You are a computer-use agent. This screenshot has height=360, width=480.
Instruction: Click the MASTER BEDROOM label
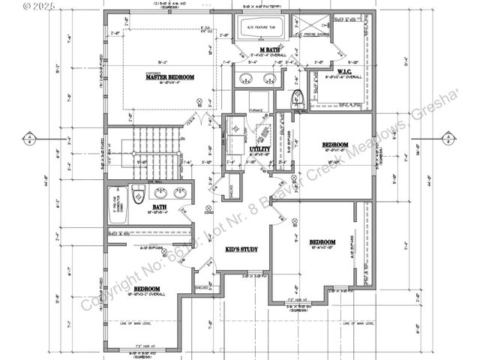171,77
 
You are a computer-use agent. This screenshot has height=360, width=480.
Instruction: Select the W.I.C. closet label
344,72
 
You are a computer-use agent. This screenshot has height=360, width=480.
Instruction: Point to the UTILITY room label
259,149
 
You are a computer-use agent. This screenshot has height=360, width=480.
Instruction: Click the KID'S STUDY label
241,248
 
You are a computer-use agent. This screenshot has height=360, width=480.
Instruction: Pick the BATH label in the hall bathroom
160,207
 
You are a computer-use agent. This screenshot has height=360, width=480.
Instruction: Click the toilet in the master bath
295,97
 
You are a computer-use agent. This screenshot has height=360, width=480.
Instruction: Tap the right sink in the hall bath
180,193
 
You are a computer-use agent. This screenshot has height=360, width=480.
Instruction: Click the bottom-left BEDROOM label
146,288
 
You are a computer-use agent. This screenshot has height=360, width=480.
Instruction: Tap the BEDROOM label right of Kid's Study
322,241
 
